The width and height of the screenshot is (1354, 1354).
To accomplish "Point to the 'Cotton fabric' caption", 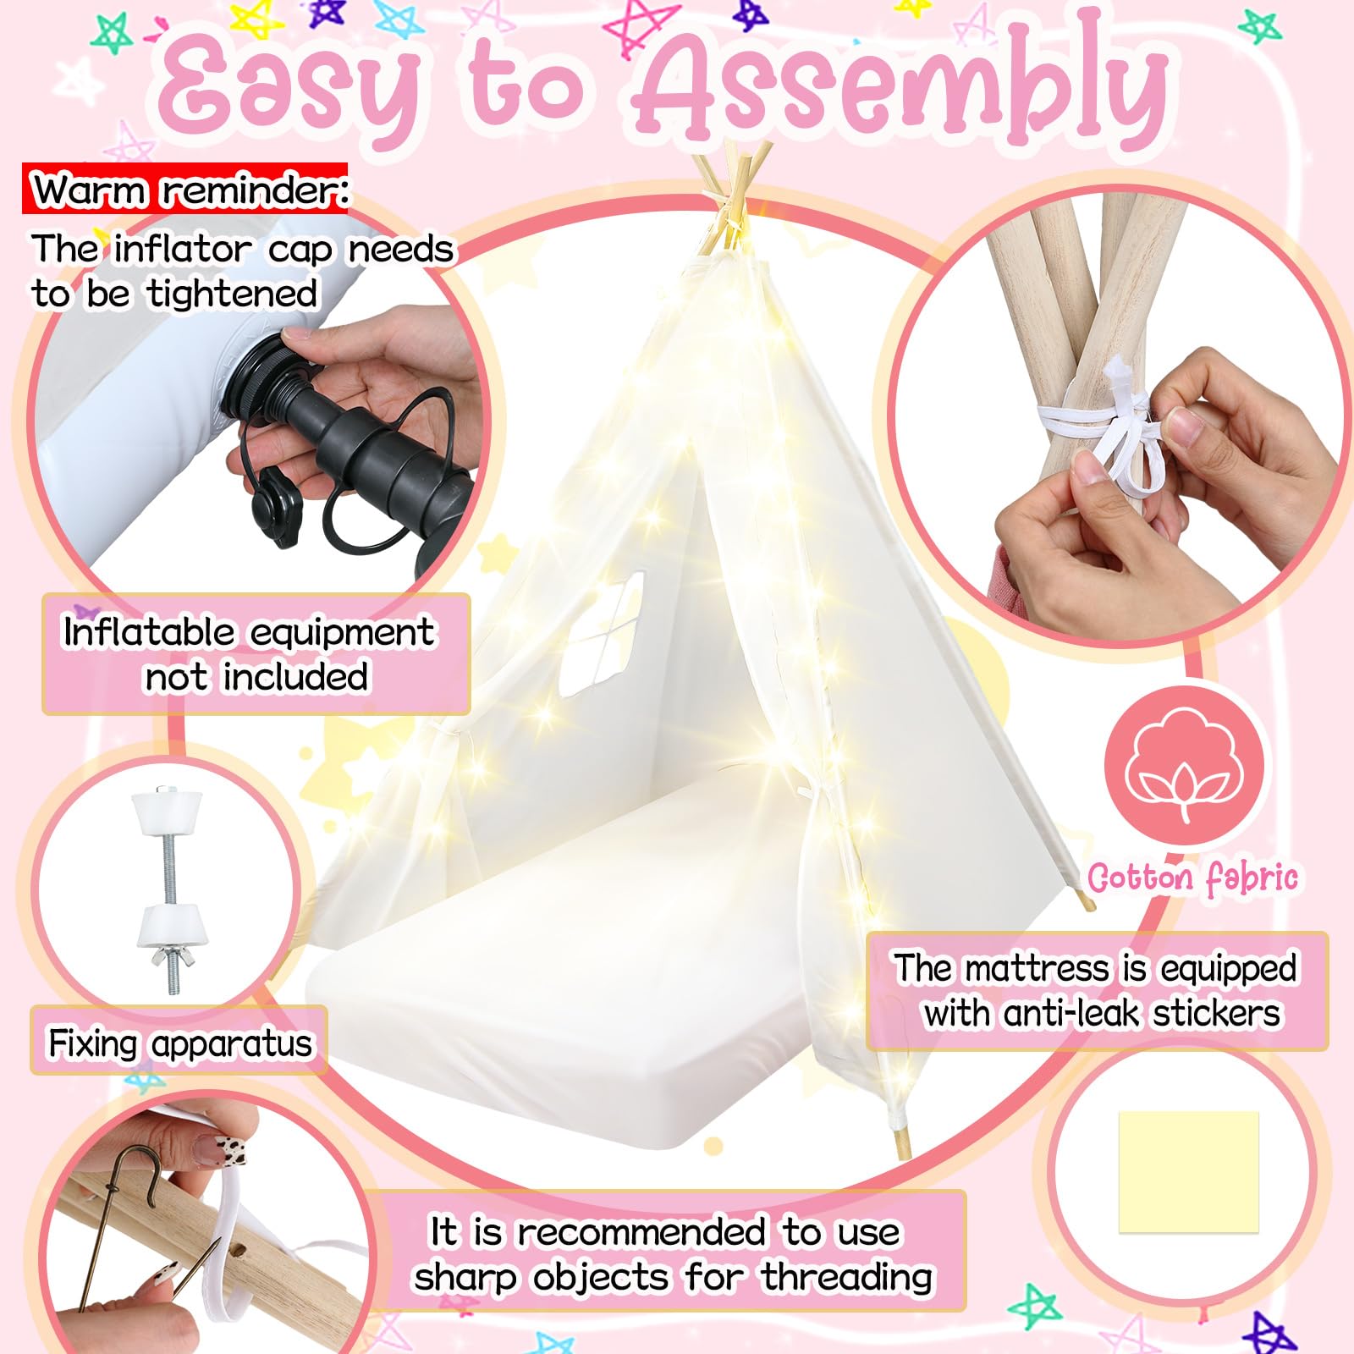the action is [1192, 878].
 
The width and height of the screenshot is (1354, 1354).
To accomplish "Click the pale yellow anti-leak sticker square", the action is [1188, 1172].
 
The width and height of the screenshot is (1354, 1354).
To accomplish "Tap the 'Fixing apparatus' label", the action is [179, 1043].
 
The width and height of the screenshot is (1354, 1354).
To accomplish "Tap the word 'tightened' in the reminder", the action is [234, 294].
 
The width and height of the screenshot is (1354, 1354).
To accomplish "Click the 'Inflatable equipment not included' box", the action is [256, 654].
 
